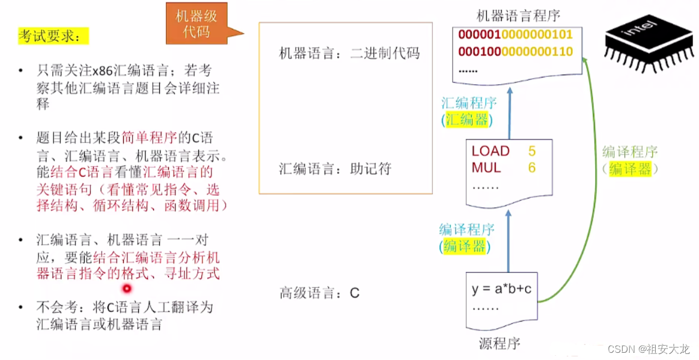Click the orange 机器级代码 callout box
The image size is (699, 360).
[197, 23]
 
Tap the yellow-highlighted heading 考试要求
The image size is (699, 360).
[53, 36]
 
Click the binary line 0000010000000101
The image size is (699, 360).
[516, 35]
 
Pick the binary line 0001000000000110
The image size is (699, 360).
[516, 52]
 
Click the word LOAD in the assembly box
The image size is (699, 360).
[490, 151]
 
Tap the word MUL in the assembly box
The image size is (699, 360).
[486, 168]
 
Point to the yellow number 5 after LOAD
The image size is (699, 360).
[532, 151]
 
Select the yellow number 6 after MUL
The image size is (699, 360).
[532, 168]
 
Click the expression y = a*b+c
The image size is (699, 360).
[501, 289]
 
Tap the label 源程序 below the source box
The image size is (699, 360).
[499, 344]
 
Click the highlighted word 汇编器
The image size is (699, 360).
[467, 120]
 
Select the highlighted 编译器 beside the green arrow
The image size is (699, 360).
[629, 169]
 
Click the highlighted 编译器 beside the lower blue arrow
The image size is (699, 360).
[464, 246]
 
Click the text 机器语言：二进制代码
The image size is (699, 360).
[349, 53]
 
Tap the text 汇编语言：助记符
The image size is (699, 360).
[335, 169]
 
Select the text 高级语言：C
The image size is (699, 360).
[319, 293]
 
